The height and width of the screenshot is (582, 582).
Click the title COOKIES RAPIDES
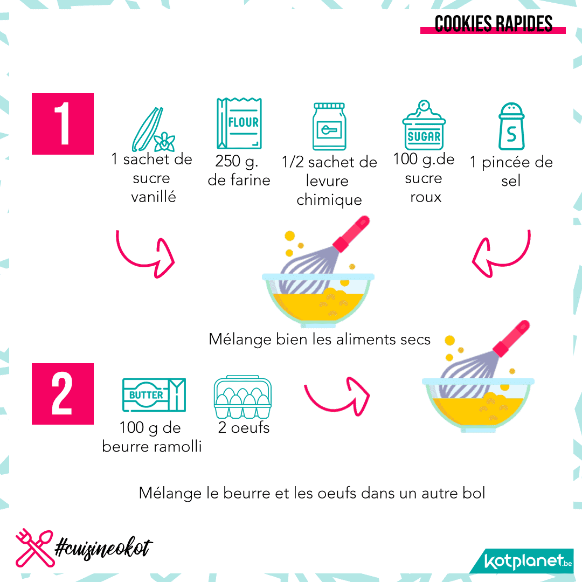[493, 24]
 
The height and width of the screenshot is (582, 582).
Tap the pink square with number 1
[63, 124]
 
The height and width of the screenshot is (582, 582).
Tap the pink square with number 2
[63, 394]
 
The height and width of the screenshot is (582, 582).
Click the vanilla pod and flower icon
[153, 129]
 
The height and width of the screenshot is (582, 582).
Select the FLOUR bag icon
[239, 123]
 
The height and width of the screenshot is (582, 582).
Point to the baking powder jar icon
[329, 127]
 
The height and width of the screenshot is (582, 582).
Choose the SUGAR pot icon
[424, 125]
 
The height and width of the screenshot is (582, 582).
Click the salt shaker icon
[511, 126]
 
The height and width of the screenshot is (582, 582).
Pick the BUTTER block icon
[154, 395]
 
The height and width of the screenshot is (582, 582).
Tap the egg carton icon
[242, 397]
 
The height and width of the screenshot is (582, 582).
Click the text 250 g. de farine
[239, 170]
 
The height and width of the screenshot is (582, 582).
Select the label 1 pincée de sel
[511, 171]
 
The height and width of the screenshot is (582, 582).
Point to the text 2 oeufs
[244, 427]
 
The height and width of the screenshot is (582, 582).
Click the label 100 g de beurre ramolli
[152, 437]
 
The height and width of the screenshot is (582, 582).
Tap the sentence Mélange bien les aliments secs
[320, 339]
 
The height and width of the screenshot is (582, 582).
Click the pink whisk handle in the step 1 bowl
[351, 234]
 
